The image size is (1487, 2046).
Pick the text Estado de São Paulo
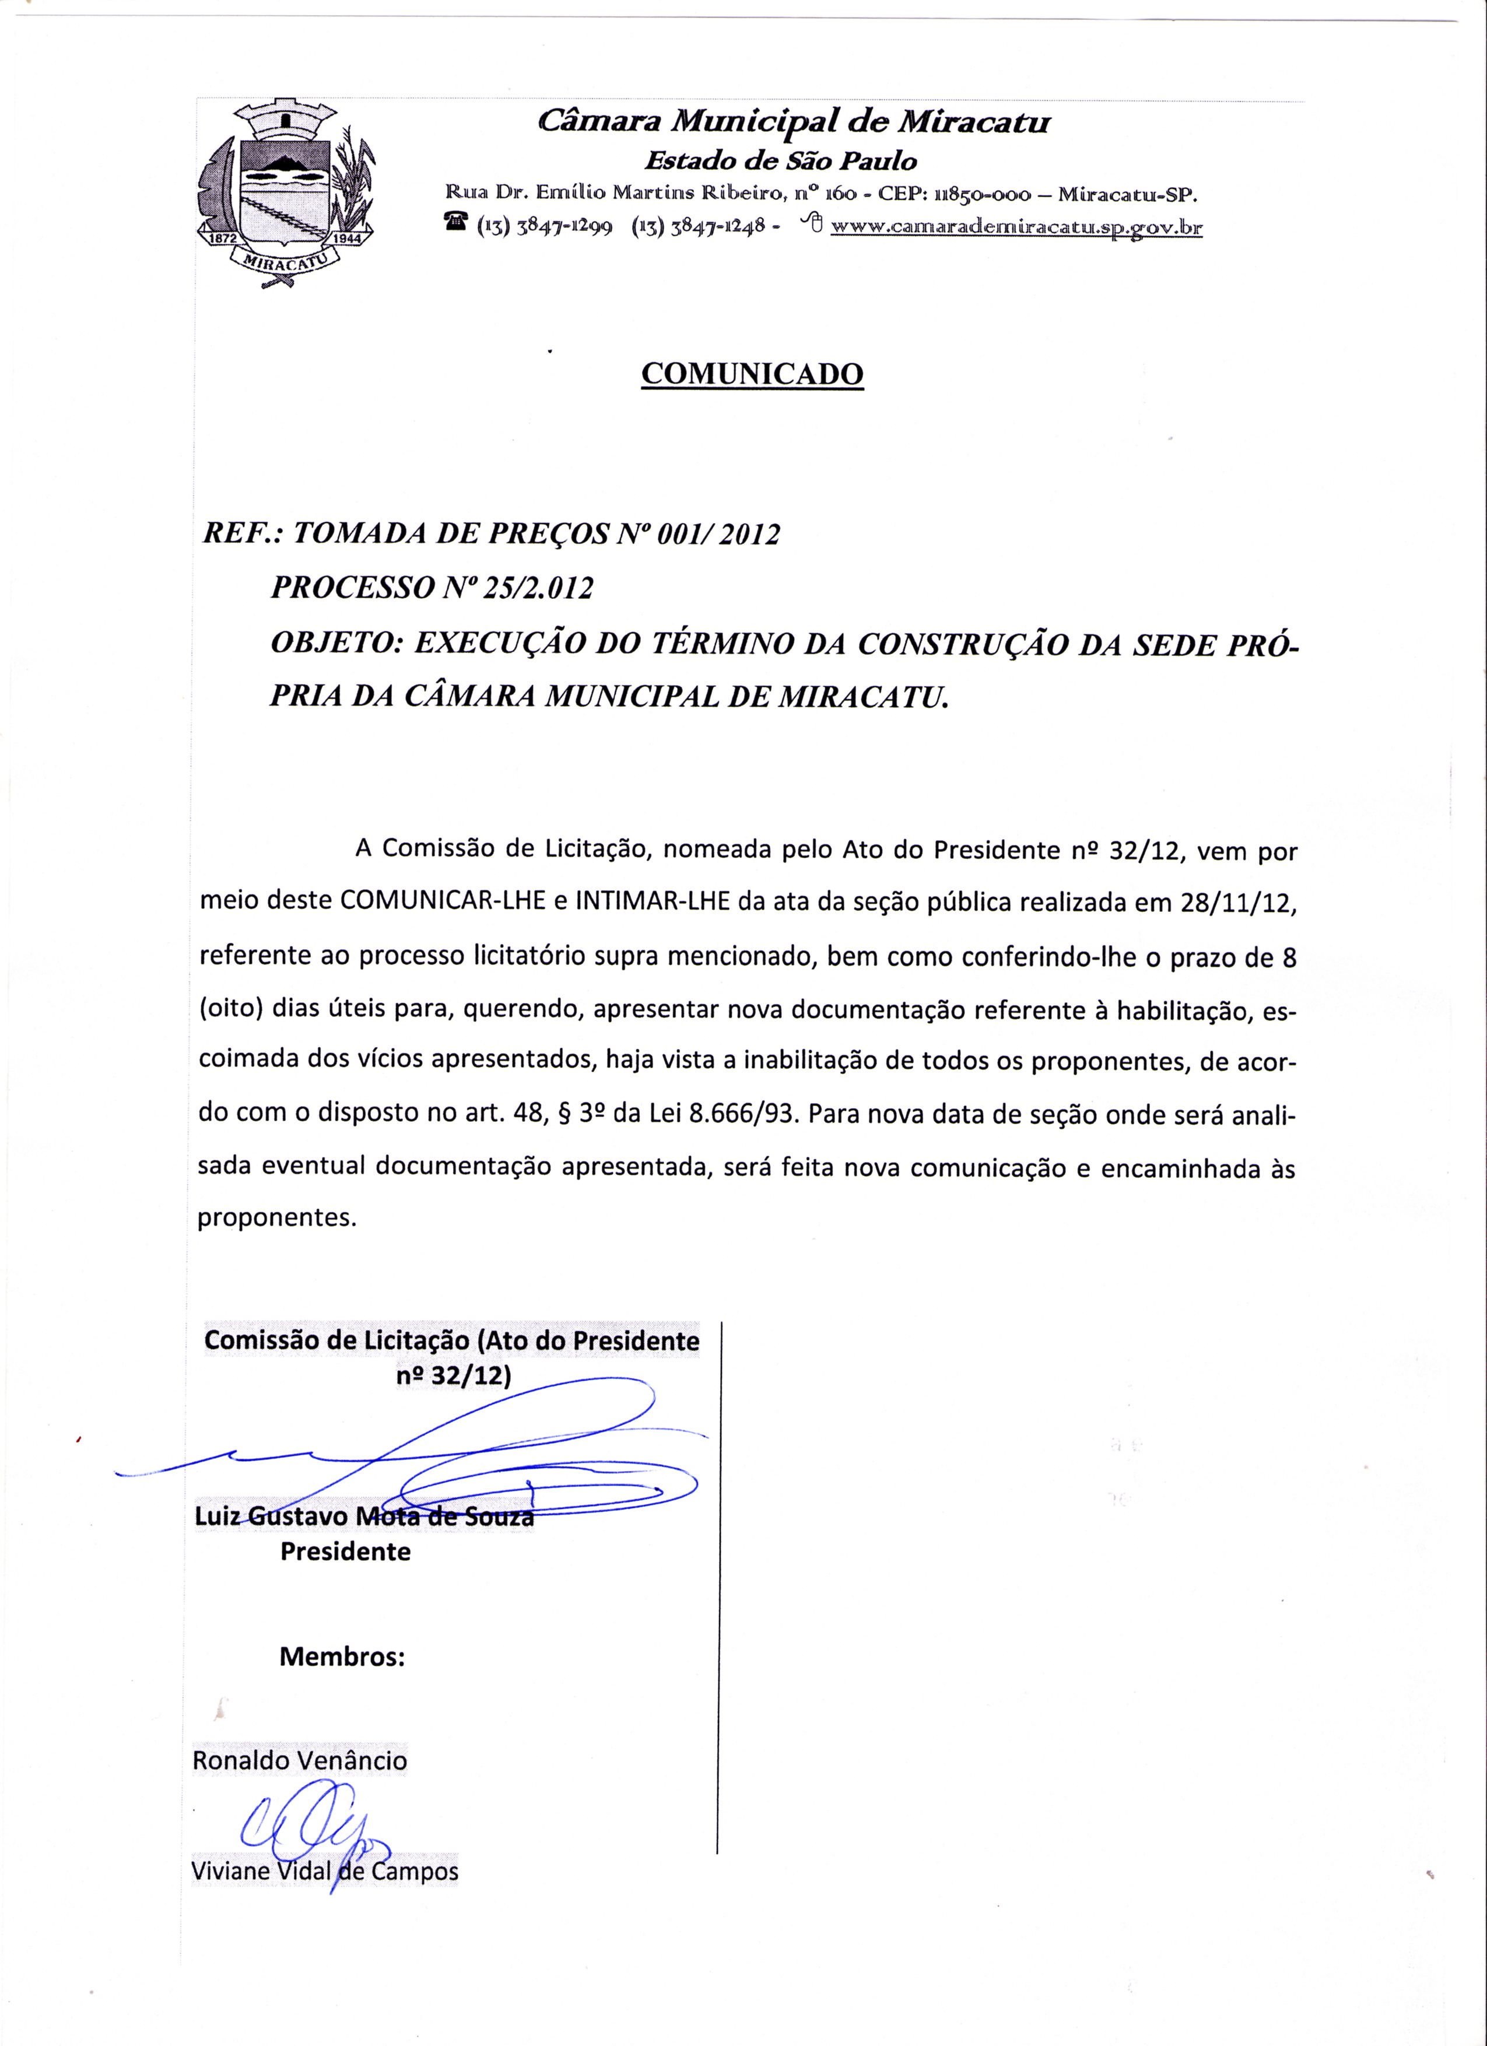coord(780,162)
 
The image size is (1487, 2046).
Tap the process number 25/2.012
coord(539,589)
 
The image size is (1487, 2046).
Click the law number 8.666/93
coord(745,1113)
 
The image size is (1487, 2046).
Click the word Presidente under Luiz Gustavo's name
coord(346,1552)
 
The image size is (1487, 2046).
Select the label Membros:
coord(342,1657)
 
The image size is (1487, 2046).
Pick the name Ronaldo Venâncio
coord(300,1761)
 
